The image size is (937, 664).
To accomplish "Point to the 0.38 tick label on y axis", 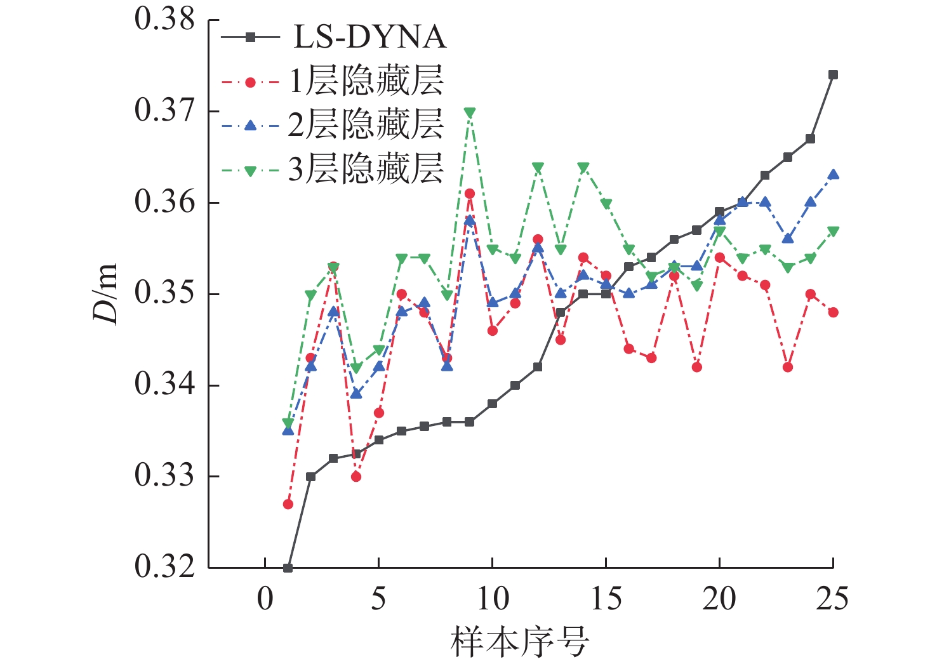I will point(164,20).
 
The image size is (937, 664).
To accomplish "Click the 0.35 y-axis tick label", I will point(164,294).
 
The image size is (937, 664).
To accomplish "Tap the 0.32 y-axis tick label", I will point(164,567).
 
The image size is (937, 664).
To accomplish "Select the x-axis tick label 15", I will point(606,599).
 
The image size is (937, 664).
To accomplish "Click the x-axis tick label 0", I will point(265,599).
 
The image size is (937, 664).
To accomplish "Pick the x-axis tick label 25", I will point(832,599).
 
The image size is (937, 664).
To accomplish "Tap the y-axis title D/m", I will point(106,293).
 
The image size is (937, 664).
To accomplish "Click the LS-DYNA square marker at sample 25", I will point(833,75).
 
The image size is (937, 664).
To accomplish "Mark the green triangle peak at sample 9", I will point(470,112).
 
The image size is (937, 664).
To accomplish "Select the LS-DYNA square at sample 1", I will point(288,568).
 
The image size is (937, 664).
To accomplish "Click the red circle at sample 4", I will point(356,476).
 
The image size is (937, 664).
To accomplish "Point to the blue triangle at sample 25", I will point(833,175).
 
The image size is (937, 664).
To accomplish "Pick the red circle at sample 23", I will point(788,367).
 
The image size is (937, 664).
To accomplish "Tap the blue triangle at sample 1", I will point(288,430).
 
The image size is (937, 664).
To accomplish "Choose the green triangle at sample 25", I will point(833,231).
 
